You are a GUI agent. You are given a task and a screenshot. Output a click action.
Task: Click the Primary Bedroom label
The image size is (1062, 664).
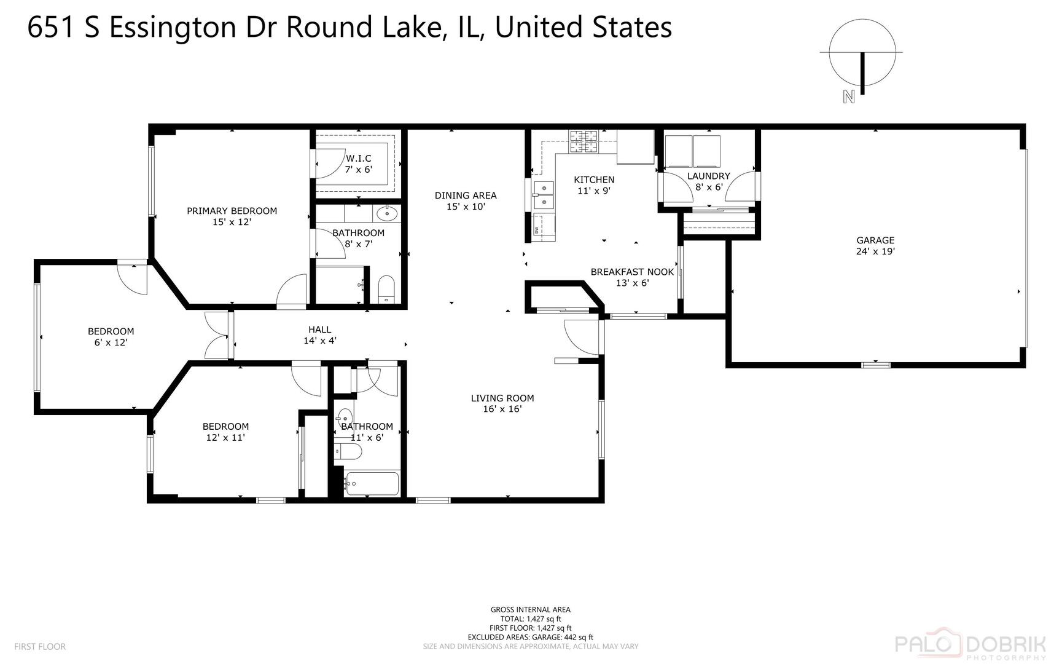232,211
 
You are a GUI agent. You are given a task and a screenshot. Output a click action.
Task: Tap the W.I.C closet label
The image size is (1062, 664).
358,159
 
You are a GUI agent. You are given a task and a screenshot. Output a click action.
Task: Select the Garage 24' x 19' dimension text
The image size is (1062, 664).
875,251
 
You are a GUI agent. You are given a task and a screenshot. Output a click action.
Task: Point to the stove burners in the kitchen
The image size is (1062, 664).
584,142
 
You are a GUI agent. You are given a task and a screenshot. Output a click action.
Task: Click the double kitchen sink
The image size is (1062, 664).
544,194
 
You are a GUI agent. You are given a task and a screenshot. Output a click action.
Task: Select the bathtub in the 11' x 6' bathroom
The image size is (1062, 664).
372,484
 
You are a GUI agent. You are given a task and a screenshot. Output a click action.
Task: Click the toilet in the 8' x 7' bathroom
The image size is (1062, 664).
386,290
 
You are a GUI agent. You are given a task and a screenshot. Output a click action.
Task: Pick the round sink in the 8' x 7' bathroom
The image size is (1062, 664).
387,214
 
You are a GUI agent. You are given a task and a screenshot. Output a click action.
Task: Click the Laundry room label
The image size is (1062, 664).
708,176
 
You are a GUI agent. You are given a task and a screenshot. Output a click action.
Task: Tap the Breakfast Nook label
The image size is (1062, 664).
632,272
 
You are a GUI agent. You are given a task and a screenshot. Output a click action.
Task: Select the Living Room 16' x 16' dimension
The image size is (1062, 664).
502,409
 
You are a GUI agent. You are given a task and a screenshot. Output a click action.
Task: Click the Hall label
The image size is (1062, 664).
319,330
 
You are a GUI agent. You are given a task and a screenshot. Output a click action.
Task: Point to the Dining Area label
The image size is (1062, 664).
466,196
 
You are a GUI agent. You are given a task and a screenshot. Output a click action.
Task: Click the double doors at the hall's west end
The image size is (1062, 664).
216,336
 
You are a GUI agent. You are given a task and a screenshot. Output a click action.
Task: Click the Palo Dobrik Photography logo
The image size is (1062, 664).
970,646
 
